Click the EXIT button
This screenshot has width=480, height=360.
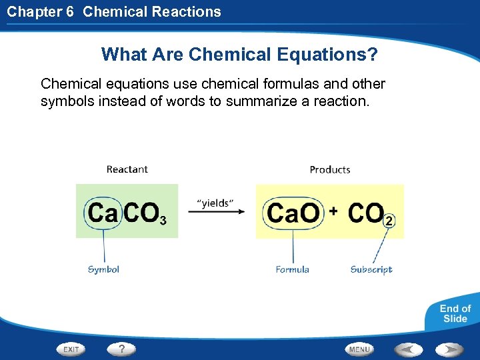tap(71, 349)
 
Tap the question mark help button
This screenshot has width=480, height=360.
tap(122, 348)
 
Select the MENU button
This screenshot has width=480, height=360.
tap(359, 349)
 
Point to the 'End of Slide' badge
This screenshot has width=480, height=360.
tap(455, 314)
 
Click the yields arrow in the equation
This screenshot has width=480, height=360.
tap(216, 212)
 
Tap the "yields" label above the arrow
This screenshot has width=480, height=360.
tap(215, 201)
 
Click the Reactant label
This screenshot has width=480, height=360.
tap(127, 169)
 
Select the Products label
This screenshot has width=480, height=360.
tap(330, 169)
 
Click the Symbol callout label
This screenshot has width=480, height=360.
tap(103, 269)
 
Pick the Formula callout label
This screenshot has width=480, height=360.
tap(293, 269)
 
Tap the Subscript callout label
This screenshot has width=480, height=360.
tap(371, 269)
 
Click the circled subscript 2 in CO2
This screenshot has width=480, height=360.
tap(389, 221)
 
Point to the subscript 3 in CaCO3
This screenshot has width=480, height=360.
tap(163, 220)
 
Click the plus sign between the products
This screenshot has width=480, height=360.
tap(333, 211)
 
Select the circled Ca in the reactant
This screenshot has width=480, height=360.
tap(103, 213)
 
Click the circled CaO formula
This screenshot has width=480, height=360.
tap(293, 213)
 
